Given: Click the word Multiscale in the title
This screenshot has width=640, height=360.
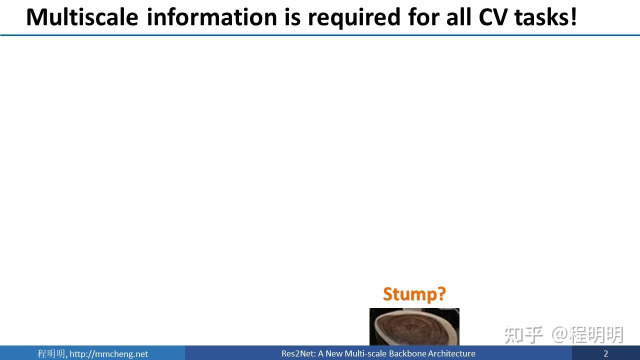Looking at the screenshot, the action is coord(82,17).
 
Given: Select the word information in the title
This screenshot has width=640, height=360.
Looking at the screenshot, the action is coord(212,17).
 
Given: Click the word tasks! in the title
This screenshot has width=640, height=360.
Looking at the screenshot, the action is coord(545,17).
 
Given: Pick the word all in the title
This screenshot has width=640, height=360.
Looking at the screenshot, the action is coord(458,17).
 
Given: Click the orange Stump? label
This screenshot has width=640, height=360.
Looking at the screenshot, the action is coord(414,294).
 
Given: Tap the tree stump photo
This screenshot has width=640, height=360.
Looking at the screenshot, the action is coord(414,327).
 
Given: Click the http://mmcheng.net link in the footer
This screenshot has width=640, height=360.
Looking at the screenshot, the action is coord(108,354).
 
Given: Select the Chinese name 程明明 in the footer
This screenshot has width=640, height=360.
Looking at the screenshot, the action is coord(51,353).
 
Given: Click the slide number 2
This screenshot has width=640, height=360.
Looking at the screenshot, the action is coord(605,353).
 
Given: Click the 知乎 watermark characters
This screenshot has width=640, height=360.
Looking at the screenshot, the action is coord(523,335).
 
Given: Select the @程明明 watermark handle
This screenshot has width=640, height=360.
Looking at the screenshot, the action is coord(587,335).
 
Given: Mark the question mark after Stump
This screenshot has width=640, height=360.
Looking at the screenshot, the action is coord(441,294).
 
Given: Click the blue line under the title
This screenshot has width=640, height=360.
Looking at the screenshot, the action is coord(320,35).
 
